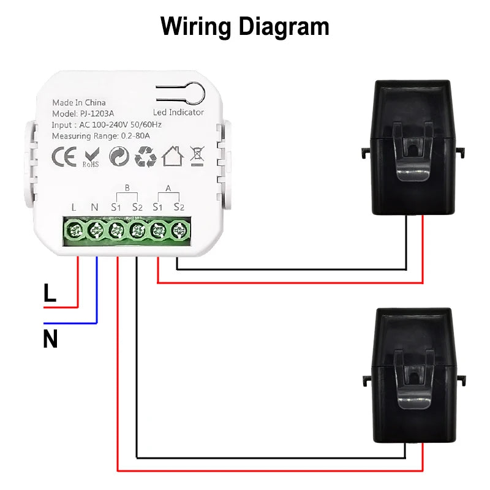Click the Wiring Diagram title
point(245,26)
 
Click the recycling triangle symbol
point(145,157)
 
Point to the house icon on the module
point(173,157)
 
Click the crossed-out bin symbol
point(197,157)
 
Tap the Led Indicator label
point(178,113)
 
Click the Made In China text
point(79,102)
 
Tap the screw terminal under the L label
point(75,231)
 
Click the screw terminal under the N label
point(96,231)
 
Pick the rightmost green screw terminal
point(179,231)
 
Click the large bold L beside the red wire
point(50,293)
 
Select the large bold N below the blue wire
point(50,339)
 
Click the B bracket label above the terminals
point(127,189)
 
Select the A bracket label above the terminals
point(168,189)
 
